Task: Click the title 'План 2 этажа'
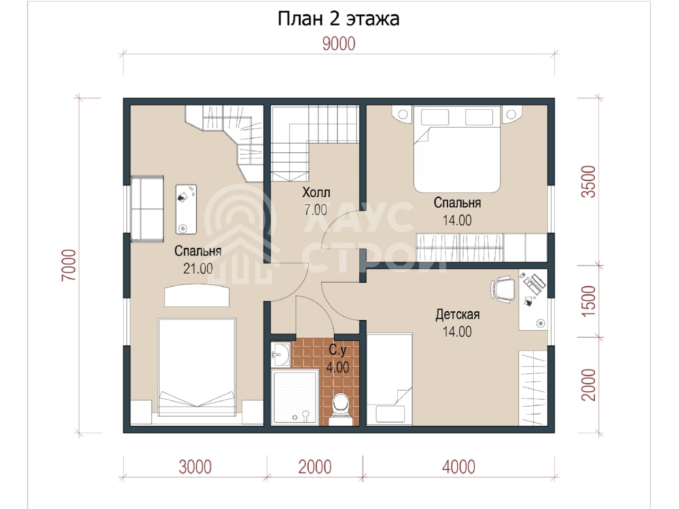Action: pyautogui.click(x=338, y=19)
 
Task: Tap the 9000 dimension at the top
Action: pyautogui.click(x=339, y=44)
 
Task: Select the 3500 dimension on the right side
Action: pyautogui.click(x=588, y=182)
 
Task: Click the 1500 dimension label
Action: pyautogui.click(x=588, y=301)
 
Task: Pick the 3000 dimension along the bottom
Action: pyautogui.click(x=195, y=467)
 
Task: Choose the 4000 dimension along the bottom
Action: pyautogui.click(x=458, y=467)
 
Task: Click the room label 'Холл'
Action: pyautogui.click(x=316, y=192)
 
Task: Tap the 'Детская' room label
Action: pyautogui.click(x=457, y=314)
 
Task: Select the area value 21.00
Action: pyautogui.click(x=198, y=268)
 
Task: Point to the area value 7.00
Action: pyautogui.click(x=316, y=210)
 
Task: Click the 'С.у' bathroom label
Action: pyautogui.click(x=337, y=350)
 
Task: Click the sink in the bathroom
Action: pyautogui.click(x=280, y=355)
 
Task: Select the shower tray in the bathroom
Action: pyautogui.click(x=295, y=398)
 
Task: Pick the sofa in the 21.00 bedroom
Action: pyautogui.click(x=147, y=209)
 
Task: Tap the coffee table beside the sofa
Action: pyautogui.click(x=186, y=209)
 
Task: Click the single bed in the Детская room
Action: pyautogui.click(x=389, y=379)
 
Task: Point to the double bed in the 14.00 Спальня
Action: pyautogui.click(x=457, y=149)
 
